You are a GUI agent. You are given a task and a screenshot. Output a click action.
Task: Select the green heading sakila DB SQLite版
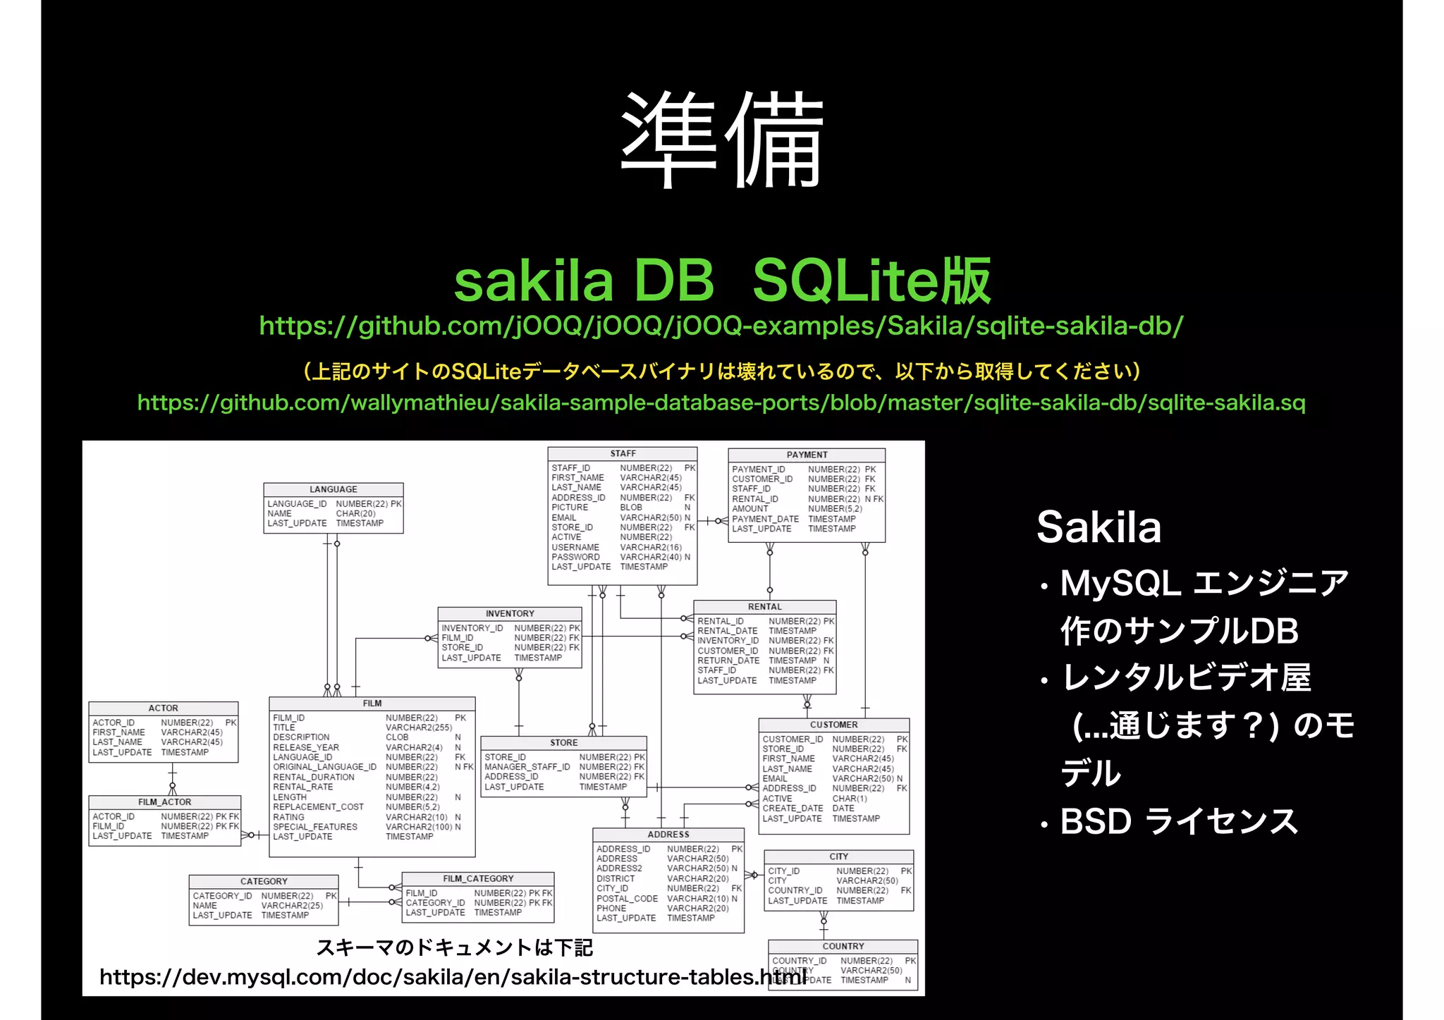(x=722, y=281)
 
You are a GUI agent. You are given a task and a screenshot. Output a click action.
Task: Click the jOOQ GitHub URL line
(x=721, y=326)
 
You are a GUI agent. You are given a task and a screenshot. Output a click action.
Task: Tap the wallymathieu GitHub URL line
(x=721, y=403)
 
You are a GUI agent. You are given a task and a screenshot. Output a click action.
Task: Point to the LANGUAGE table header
(x=333, y=489)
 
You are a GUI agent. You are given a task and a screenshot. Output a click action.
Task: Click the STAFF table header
(x=623, y=453)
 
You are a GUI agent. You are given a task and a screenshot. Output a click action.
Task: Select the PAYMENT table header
(x=807, y=455)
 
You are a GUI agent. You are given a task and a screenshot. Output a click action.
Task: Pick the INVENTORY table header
(x=510, y=613)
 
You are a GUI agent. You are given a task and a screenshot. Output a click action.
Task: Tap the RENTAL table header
(x=764, y=606)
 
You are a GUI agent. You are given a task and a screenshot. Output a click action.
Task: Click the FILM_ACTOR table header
(x=164, y=801)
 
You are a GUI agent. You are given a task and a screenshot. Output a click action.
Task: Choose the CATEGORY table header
(x=264, y=881)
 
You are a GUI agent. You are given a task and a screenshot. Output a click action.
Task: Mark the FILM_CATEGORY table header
(x=478, y=878)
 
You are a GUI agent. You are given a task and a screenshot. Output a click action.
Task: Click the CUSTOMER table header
(x=833, y=724)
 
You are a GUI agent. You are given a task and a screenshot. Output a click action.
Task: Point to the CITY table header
(x=838, y=856)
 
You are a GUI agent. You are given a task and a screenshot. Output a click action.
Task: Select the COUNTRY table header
(x=843, y=946)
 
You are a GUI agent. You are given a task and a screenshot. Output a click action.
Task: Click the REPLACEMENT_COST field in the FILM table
(x=318, y=807)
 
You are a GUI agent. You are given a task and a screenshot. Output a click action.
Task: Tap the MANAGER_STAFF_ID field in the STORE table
(x=527, y=767)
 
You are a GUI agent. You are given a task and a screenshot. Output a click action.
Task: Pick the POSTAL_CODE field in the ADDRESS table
(x=627, y=899)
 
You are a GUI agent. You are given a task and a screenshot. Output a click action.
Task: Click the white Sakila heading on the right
(x=1099, y=527)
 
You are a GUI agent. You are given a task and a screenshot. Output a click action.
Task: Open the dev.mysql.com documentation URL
(x=451, y=977)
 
